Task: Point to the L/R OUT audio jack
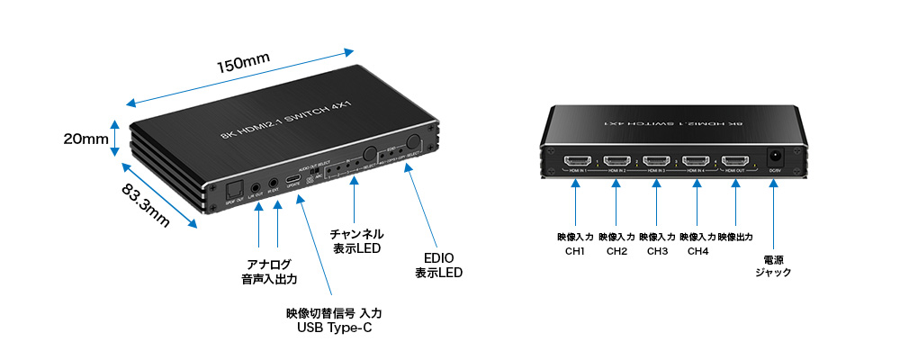click(x=258, y=189)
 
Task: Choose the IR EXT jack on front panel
click(x=274, y=188)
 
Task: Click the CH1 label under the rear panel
click(x=576, y=251)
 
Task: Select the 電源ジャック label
click(x=773, y=263)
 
